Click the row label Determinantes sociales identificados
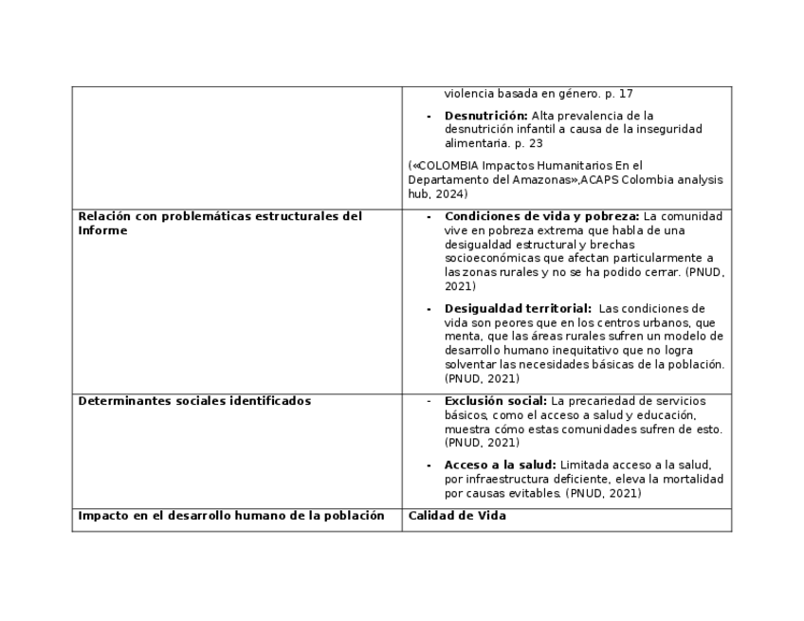194,401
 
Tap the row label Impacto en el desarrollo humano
230,516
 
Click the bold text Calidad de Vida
457,516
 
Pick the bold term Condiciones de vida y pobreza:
541,216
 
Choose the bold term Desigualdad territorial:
518,308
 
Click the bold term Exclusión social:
495,401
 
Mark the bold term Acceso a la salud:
500,465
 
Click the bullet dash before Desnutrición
429,116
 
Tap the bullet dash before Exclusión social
429,401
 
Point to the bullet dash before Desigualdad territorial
429,309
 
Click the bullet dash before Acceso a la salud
429,466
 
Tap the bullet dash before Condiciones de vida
429,217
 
